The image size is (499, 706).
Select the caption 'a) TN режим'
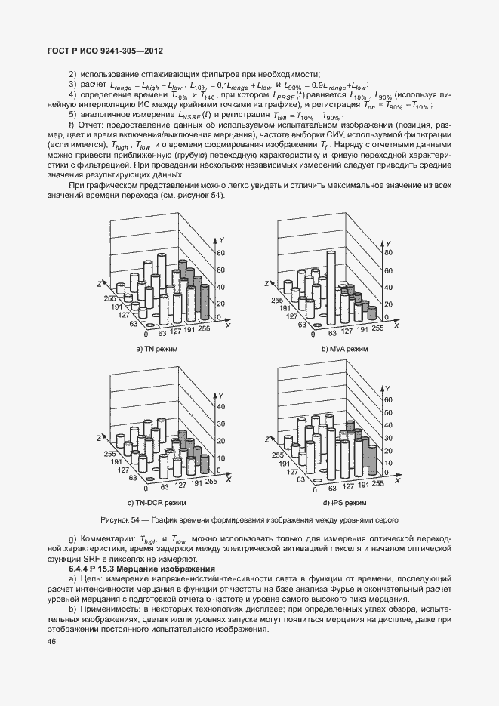click(158, 350)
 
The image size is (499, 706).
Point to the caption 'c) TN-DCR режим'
click(156, 502)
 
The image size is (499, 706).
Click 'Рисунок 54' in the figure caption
click(123, 520)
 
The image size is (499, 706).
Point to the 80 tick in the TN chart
click(221, 253)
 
